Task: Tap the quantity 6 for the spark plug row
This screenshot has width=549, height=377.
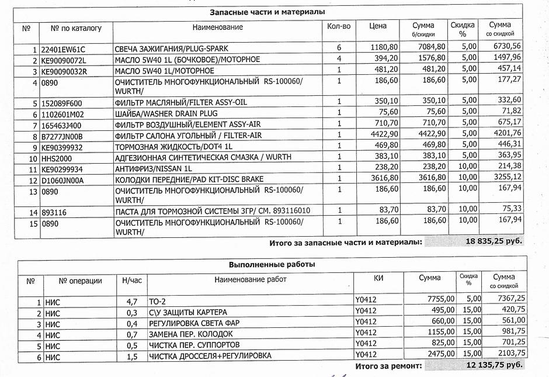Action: click(338, 47)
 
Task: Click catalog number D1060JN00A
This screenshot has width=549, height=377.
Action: click(62, 179)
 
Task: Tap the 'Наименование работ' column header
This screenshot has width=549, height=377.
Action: click(251, 279)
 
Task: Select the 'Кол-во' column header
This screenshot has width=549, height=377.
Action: click(339, 26)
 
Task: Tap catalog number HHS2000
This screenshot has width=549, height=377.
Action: click(55, 157)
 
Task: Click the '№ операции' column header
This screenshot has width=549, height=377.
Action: click(81, 281)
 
